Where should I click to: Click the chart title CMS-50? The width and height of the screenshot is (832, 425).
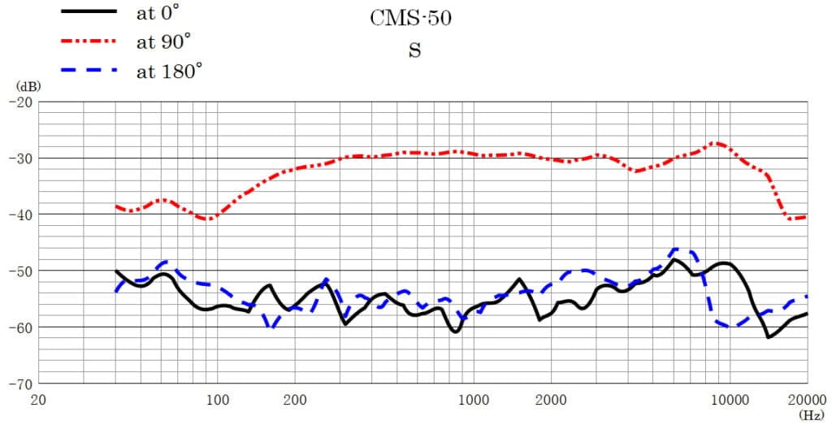point(410,19)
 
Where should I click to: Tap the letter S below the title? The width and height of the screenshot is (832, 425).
point(414,50)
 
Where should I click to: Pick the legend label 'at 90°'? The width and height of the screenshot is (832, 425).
point(164,41)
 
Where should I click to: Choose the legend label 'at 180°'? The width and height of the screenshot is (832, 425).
point(169,71)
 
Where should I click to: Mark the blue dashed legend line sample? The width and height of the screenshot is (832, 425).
point(89,71)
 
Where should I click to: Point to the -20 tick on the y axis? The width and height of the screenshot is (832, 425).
point(19,102)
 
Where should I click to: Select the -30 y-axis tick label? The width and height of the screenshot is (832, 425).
point(19,158)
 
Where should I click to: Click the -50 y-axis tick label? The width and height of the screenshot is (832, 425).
point(19,271)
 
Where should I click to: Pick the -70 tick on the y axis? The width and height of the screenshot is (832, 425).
point(19,383)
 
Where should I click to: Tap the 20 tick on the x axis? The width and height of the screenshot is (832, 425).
point(38,399)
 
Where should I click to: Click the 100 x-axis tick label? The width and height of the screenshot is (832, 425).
point(217,399)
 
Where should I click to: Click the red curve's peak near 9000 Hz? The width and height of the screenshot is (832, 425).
point(717,143)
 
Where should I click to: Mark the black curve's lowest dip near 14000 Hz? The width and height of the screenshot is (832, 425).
point(769,337)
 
